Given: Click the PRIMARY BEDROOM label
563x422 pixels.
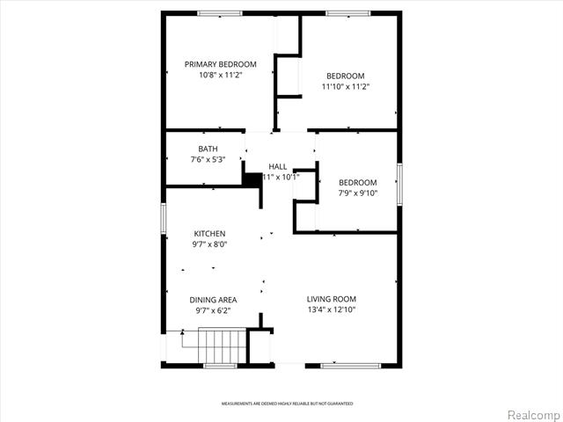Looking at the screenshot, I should [220, 64].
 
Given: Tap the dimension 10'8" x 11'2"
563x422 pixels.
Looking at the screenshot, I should [220, 76].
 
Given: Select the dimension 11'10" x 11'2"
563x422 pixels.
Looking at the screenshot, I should [345, 87].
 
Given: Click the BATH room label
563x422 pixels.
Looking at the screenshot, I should [208, 149].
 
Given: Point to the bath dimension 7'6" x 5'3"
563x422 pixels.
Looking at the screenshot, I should [208, 160].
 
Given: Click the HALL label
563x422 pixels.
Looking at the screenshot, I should [278, 166].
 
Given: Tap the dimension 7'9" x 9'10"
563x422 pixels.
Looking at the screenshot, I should [358, 193].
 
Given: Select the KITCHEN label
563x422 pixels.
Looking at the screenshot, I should [209, 233].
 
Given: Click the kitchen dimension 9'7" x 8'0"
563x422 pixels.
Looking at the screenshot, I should [209, 244].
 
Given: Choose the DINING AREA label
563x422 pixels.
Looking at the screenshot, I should [214, 300].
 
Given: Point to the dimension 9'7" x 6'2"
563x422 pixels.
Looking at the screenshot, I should [214, 311].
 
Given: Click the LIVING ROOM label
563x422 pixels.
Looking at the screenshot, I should [331, 299].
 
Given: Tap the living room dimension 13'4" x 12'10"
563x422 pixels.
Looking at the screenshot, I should [331, 309].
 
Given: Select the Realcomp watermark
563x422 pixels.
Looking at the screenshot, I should [534, 414].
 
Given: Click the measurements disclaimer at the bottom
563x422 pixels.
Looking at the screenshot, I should [287, 404].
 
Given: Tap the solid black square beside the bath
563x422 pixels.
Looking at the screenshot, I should [252, 178].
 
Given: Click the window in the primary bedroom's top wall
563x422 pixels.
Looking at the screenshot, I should [220, 13].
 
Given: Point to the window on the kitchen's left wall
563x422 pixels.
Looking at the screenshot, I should [164, 219].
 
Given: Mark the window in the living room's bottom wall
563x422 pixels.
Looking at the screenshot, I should [350, 365].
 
